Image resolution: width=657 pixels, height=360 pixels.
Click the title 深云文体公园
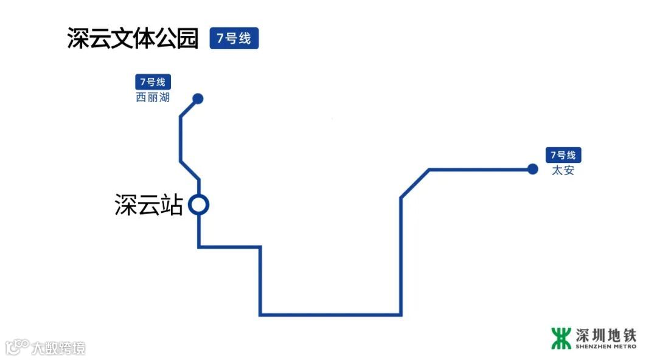tap(133, 38)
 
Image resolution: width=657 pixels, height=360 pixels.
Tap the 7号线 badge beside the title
tap(234, 39)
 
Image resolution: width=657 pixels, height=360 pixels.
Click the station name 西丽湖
tap(153, 97)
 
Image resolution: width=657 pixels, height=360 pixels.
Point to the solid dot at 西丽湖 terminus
tap(198, 99)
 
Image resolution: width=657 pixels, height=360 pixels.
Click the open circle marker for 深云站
tap(198, 205)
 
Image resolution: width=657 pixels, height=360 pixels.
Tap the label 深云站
tap(149, 205)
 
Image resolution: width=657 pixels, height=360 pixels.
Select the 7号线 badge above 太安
tap(563, 155)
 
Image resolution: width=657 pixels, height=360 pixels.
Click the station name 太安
tap(563, 171)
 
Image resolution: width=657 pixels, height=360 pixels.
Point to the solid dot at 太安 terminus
tap(533, 169)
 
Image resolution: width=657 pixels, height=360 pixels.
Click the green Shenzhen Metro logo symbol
tap(561, 338)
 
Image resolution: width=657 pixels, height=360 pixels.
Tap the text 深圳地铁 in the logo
tap(605, 334)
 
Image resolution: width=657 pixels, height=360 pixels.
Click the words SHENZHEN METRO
tap(605, 347)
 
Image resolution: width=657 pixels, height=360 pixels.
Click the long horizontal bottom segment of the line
tap(330, 314)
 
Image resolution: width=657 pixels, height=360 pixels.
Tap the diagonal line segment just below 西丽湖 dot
tap(189, 107)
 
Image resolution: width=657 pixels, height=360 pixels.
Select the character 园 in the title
tap(187, 38)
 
